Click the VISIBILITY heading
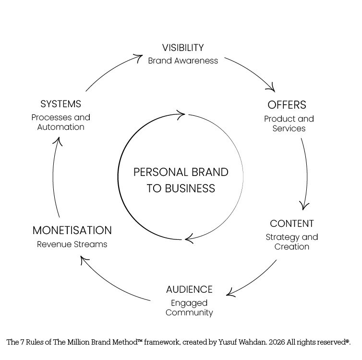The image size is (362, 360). coord(182,48)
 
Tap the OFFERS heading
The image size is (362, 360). coord(287,105)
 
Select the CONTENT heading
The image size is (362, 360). coord(291,223)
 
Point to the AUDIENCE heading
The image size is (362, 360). coord(189,289)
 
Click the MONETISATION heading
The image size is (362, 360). coord(72,230)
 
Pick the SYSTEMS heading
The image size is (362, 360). coord(60,104)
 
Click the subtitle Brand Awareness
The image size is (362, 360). coord(182,61)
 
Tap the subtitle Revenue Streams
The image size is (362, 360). coord(72,244)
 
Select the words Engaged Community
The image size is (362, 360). coord(189,308)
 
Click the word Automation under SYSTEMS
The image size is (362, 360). coord(60,127)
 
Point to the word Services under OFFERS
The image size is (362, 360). coord(289,128)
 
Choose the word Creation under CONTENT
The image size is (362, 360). coord(291,247)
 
